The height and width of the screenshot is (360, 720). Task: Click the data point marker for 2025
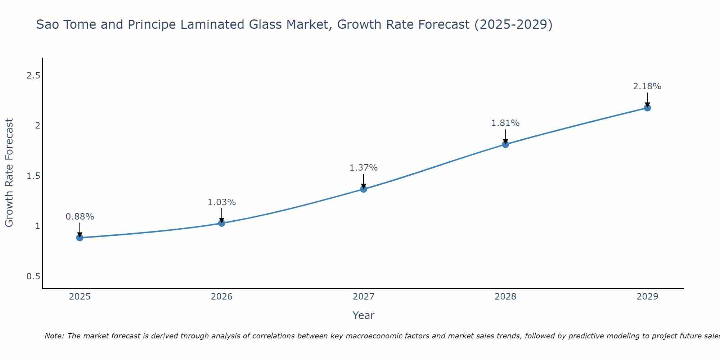[x=80, y=238]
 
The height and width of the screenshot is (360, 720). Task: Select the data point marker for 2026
[x=221, y=223]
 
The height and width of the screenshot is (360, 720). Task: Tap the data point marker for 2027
[x=364, y=189]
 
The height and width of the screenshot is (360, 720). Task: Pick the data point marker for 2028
[x=505, y=144]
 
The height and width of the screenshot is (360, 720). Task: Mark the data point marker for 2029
[x=647, y=108]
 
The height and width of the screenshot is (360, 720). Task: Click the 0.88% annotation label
[x=80, y=217]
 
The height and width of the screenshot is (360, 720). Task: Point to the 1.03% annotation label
[x=221, y=202]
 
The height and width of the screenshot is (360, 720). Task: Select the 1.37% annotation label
[x=364, y=168]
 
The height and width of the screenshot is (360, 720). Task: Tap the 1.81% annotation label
[x=505, y=123]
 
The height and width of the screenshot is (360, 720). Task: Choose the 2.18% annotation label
[x=647, y=86]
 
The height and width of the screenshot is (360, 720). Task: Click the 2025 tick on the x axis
[x=80, y=297]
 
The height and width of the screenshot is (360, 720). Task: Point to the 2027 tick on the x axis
[x=364, y=297]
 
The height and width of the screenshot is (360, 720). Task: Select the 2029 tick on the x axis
[x=647, y=297]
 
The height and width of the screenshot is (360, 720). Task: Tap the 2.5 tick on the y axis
[x=33, y=76]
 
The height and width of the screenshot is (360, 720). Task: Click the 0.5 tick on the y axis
[x=33, y=276]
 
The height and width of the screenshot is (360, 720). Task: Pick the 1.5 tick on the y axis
[x=33, y=176]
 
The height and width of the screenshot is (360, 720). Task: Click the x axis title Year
[x=363, y=315]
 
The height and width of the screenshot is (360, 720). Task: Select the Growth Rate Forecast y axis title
[x=9, y=173]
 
